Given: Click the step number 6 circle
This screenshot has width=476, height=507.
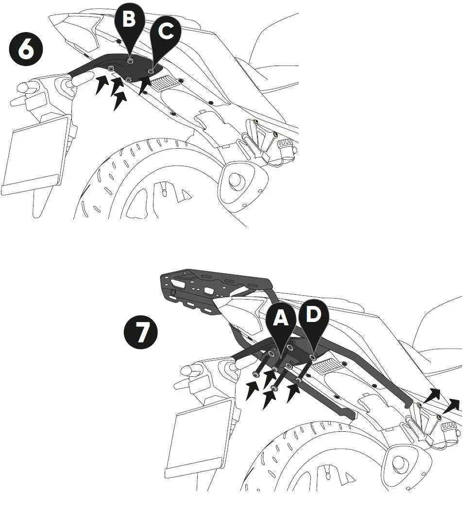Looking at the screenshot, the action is click(x=26, y=49).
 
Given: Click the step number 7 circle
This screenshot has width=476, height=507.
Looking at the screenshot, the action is click(x=141, y=332).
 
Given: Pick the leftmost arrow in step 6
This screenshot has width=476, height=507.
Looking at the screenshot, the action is click(x=102, y=84).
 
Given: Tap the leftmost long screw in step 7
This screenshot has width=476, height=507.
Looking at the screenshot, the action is click(x=264, y=363).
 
